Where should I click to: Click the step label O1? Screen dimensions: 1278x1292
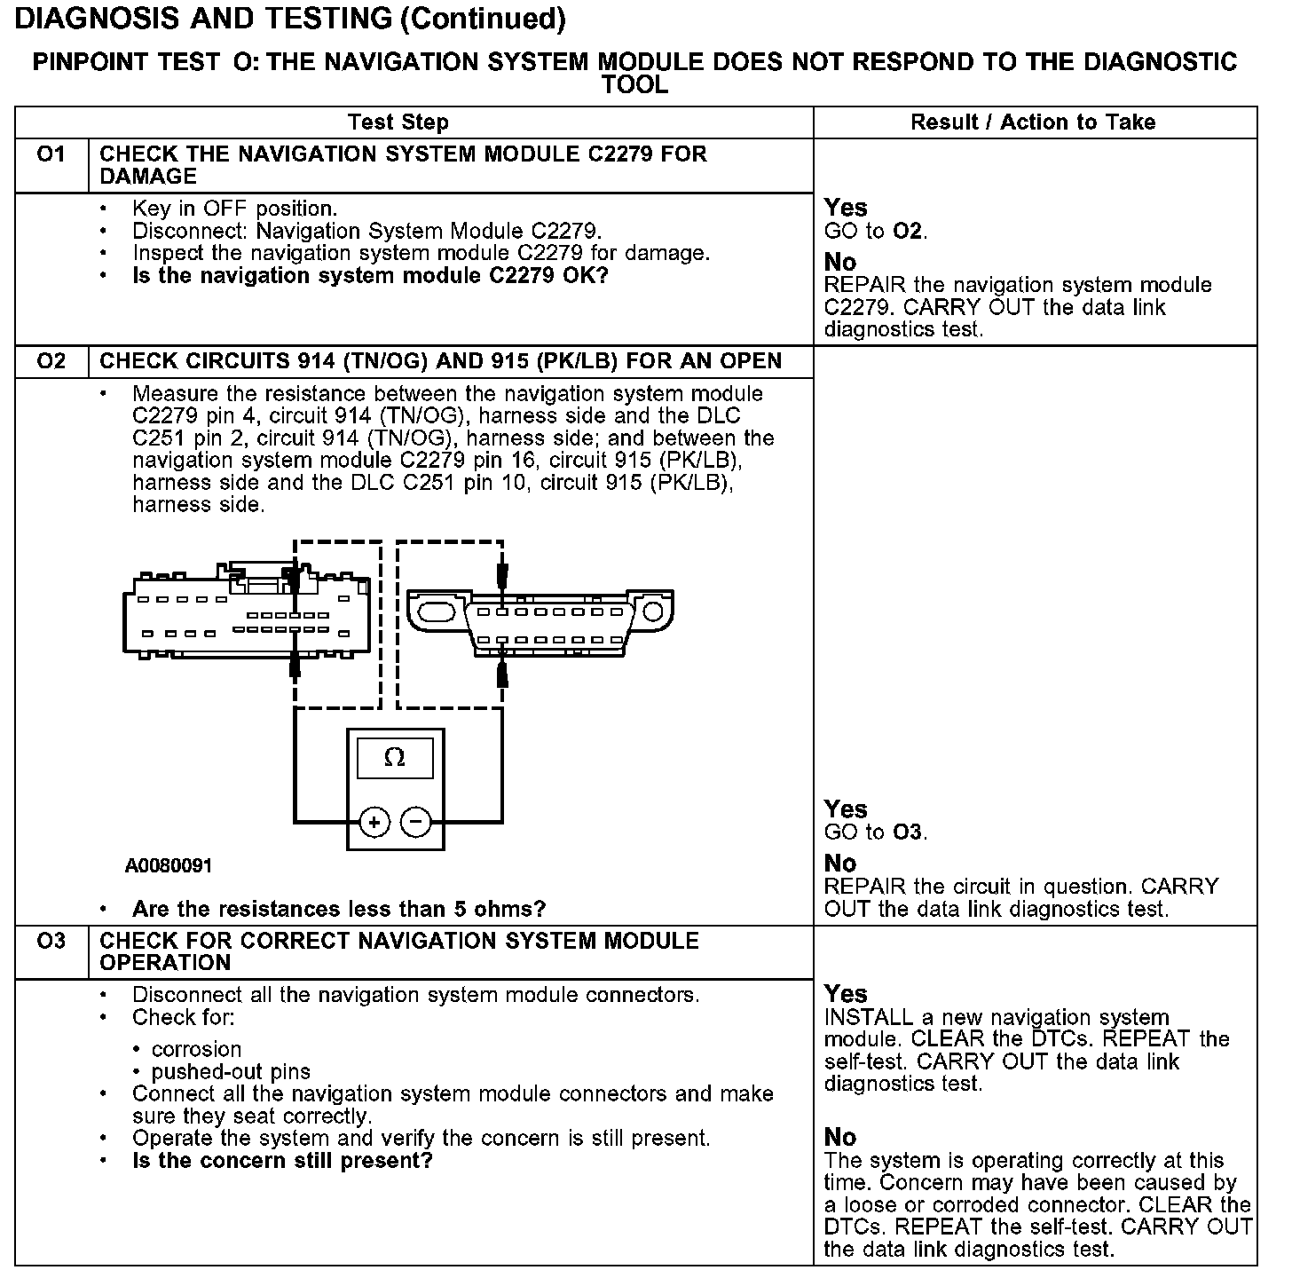tap(51, 154)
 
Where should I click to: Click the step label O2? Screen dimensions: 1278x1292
tap(51, 361)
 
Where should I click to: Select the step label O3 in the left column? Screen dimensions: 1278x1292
tap(51, 941)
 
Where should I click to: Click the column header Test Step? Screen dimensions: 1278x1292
tap(398, 122)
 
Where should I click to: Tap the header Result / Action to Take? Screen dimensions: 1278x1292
tap(1033, 122)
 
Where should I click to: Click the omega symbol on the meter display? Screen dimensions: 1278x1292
tap(395, 759)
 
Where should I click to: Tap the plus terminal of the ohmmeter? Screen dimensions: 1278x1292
tap(374, 823)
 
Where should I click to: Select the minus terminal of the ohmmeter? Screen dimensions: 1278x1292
tap(416, 823)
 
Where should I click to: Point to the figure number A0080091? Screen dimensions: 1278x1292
tap(169, 866)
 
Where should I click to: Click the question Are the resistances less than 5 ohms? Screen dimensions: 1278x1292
tap(338, 909)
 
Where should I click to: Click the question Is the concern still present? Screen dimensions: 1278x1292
tap(281, 1161)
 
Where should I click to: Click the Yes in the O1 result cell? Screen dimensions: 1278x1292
tap(846, 208)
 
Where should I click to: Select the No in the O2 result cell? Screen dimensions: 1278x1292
tap(840, 864)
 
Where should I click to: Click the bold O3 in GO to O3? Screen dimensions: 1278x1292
tap(908, 832)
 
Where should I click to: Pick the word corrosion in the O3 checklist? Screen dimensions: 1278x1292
tap(196, 1049)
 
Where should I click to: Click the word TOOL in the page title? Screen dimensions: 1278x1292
tap(634, 85)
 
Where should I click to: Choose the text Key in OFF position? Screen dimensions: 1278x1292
tap(234, 209)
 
